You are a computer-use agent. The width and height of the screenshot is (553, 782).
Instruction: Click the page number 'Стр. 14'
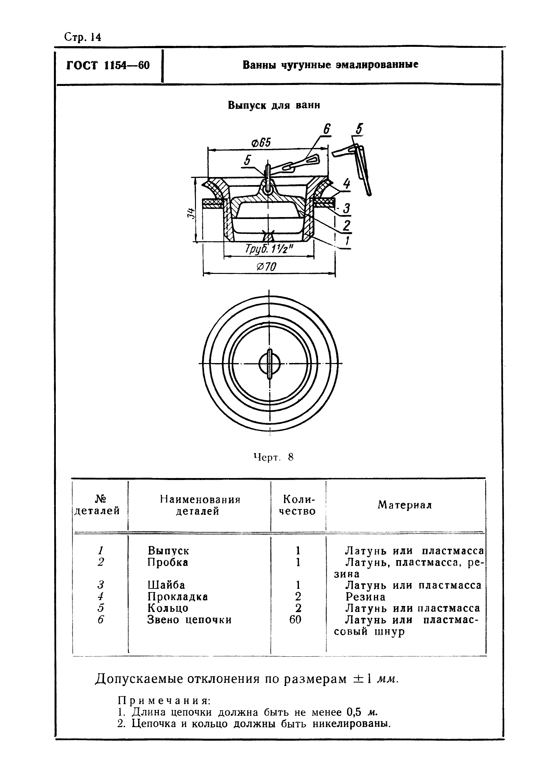point(82,37)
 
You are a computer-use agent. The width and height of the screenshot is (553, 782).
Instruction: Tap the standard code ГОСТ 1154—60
point(108,65)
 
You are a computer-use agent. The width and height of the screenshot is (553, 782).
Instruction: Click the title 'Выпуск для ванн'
point(274,105)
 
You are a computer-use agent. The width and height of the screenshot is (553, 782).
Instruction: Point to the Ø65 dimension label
point(261,142)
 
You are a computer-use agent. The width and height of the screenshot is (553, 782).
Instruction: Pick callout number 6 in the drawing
point(327,129)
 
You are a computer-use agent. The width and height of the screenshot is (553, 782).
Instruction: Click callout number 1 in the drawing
point(347,241)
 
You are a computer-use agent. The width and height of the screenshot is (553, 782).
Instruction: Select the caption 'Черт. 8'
point(273,457)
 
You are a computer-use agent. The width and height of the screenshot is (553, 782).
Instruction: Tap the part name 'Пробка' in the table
point(168,562)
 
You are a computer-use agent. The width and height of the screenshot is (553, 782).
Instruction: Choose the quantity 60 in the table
point(295,619)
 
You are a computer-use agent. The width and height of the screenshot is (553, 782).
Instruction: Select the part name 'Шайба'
point(166,585)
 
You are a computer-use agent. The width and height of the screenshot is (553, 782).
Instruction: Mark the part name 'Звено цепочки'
point(189,620)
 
